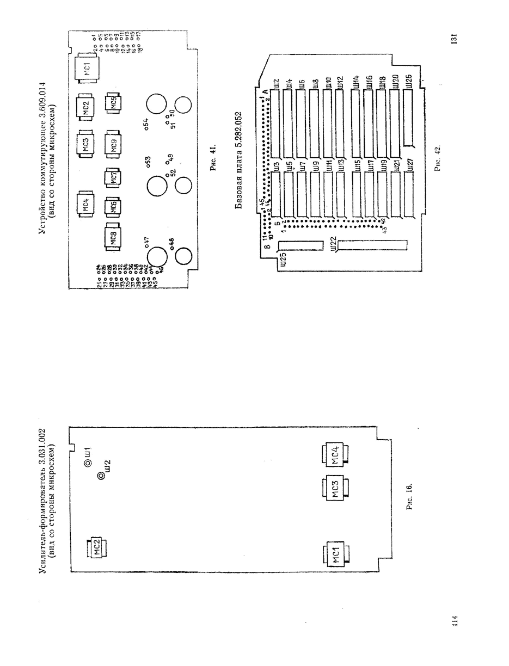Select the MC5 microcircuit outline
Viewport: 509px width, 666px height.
point(114,103)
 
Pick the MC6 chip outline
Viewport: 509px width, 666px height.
point(113,207)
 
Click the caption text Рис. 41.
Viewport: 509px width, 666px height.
point(214,158)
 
